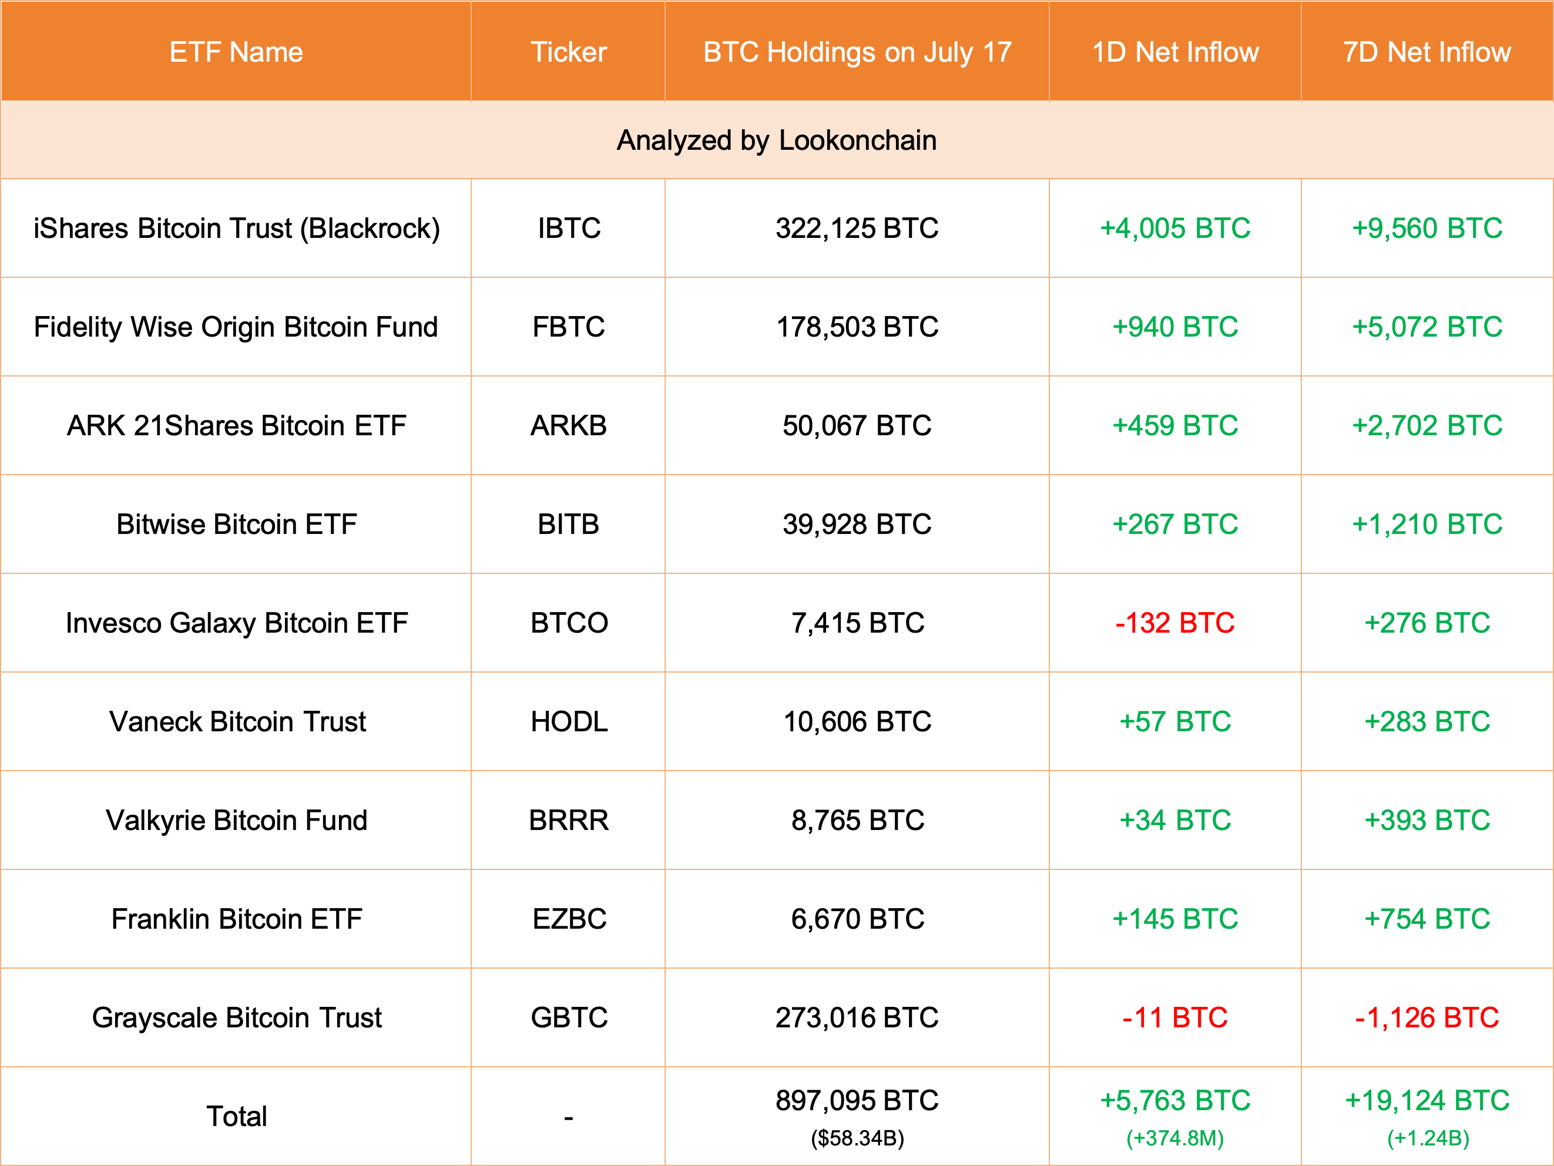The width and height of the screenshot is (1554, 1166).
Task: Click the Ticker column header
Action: [x=568, y=52]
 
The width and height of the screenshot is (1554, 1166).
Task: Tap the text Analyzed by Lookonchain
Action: [x=776, y=140]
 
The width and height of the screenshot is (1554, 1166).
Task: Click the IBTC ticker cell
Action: [x=568, y=229]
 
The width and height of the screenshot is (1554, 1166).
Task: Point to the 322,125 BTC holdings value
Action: [x=857, y=229]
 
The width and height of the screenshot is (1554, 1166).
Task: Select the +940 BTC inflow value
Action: [x=1174, y=327]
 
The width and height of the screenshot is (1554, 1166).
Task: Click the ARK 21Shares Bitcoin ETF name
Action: [x=236, y=426]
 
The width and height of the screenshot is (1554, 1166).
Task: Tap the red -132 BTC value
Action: [x=1174, y=623]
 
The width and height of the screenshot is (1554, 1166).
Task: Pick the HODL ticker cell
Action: [x=568, y=721]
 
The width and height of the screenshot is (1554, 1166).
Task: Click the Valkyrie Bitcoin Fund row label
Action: [x=236, y=821]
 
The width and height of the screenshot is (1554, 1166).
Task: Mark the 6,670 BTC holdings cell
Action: [x=857, y=919]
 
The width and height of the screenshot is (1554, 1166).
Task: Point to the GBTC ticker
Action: [x=568, y=1018]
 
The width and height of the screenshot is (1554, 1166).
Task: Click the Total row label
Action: [x=236, y=1116]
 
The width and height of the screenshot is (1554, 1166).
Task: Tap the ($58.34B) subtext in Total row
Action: [x=857, y=1138]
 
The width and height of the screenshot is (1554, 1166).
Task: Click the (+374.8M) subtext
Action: [x=1174, y=1138]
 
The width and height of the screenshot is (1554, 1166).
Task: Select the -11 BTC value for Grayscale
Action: [x=1174, y=1018]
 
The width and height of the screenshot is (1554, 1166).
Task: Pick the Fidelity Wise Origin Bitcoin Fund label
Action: [x=236, y=327]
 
